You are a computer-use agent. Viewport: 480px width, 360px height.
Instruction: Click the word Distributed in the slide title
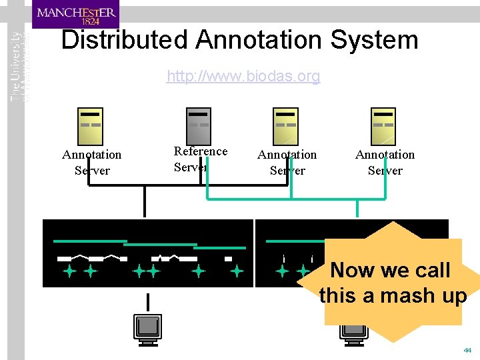click(124, 41)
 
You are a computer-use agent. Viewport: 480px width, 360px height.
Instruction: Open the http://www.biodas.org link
click(243, 77)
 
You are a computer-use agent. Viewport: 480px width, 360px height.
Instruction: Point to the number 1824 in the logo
click(77, 21)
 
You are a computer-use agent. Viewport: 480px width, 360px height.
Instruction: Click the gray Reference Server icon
click(199, 125)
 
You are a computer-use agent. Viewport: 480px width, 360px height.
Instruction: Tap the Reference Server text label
click(200, 159)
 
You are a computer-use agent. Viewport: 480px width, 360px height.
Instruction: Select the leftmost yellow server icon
click(91, 125)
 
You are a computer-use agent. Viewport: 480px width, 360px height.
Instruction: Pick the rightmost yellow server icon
click(383, 125)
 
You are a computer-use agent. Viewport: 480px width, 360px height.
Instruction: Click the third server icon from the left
click(287, 125)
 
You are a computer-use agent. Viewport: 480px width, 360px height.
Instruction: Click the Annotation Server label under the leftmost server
click(92, 163)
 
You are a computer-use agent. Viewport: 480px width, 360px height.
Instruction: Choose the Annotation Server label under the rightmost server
click(385, 163)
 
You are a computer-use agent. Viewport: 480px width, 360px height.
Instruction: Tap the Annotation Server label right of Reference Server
click(287, 163)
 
